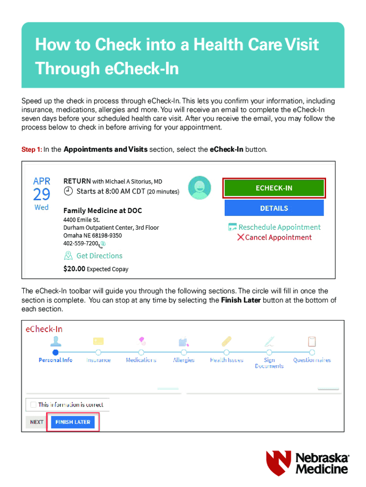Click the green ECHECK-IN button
(x=274, y=188)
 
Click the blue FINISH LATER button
(x=73, y=422)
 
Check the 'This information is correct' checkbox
(x=33, y=405)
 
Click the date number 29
(x=41, y=195)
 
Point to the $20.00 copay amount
(x=74, y=269)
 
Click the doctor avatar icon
(x=200, y=187)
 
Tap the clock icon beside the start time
(x=68, y=192)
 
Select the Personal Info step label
(x=56, y=360)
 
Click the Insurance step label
(x=98, y=360)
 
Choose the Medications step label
(x=141, y=360)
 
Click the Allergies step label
(x=183, y=360)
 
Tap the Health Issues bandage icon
(x=227, y=341)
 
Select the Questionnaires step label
(x=312, y=360)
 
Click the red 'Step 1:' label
(x=31, y=150)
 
